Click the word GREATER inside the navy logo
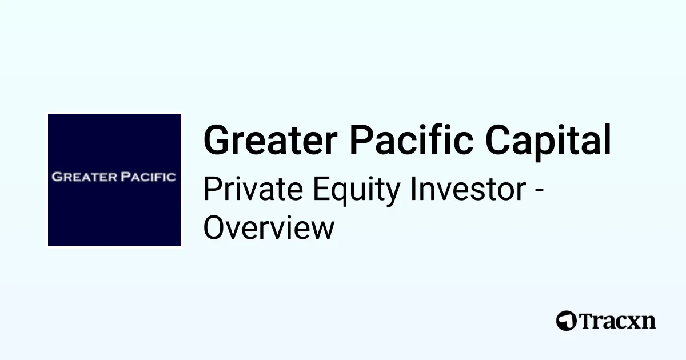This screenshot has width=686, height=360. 85,177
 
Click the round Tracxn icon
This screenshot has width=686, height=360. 566,321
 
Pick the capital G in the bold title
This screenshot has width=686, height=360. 217,141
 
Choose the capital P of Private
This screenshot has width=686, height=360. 212,190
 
